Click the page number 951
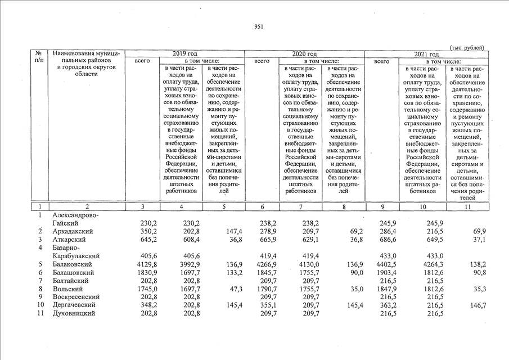pos(259,26)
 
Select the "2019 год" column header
pos(184,53)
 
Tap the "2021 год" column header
pos(426,53)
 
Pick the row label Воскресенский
pos(75,296)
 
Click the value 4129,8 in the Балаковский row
pos(145,264)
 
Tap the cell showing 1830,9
pos(145,272)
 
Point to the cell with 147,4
pos(232,231)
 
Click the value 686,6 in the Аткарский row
pos(389,240)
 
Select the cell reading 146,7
pos(476,305)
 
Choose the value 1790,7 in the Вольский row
pos(267,289)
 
